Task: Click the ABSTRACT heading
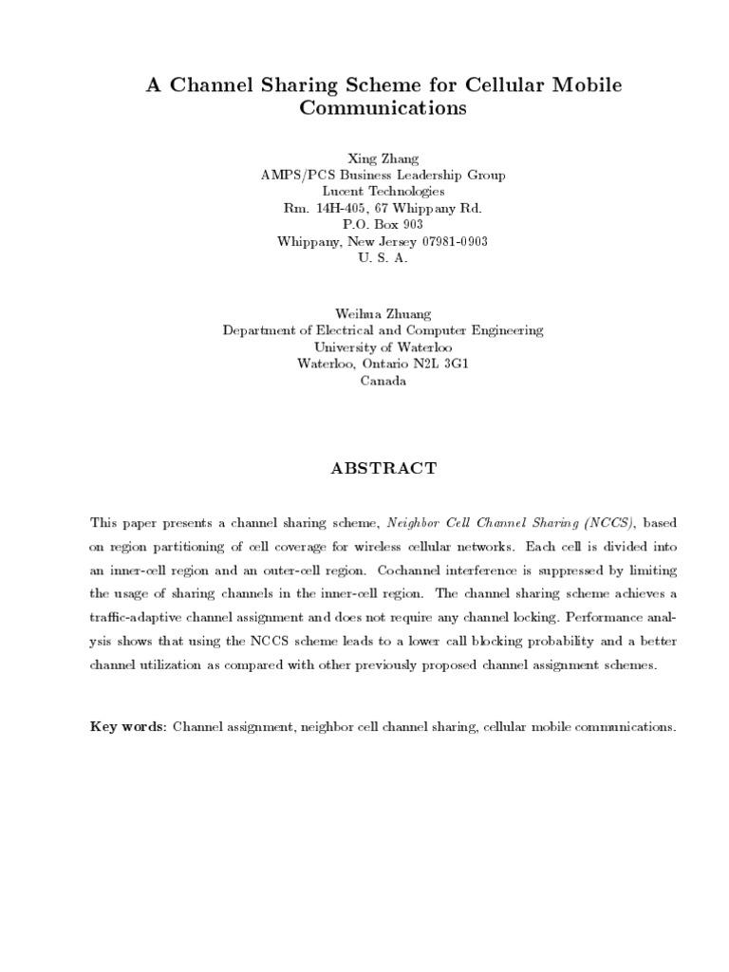pyautogui.click(x=383, y=468)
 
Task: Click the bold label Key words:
pyautogui.click(x=128, y=727)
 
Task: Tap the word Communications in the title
pyautogui.click(x=383, y=108)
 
